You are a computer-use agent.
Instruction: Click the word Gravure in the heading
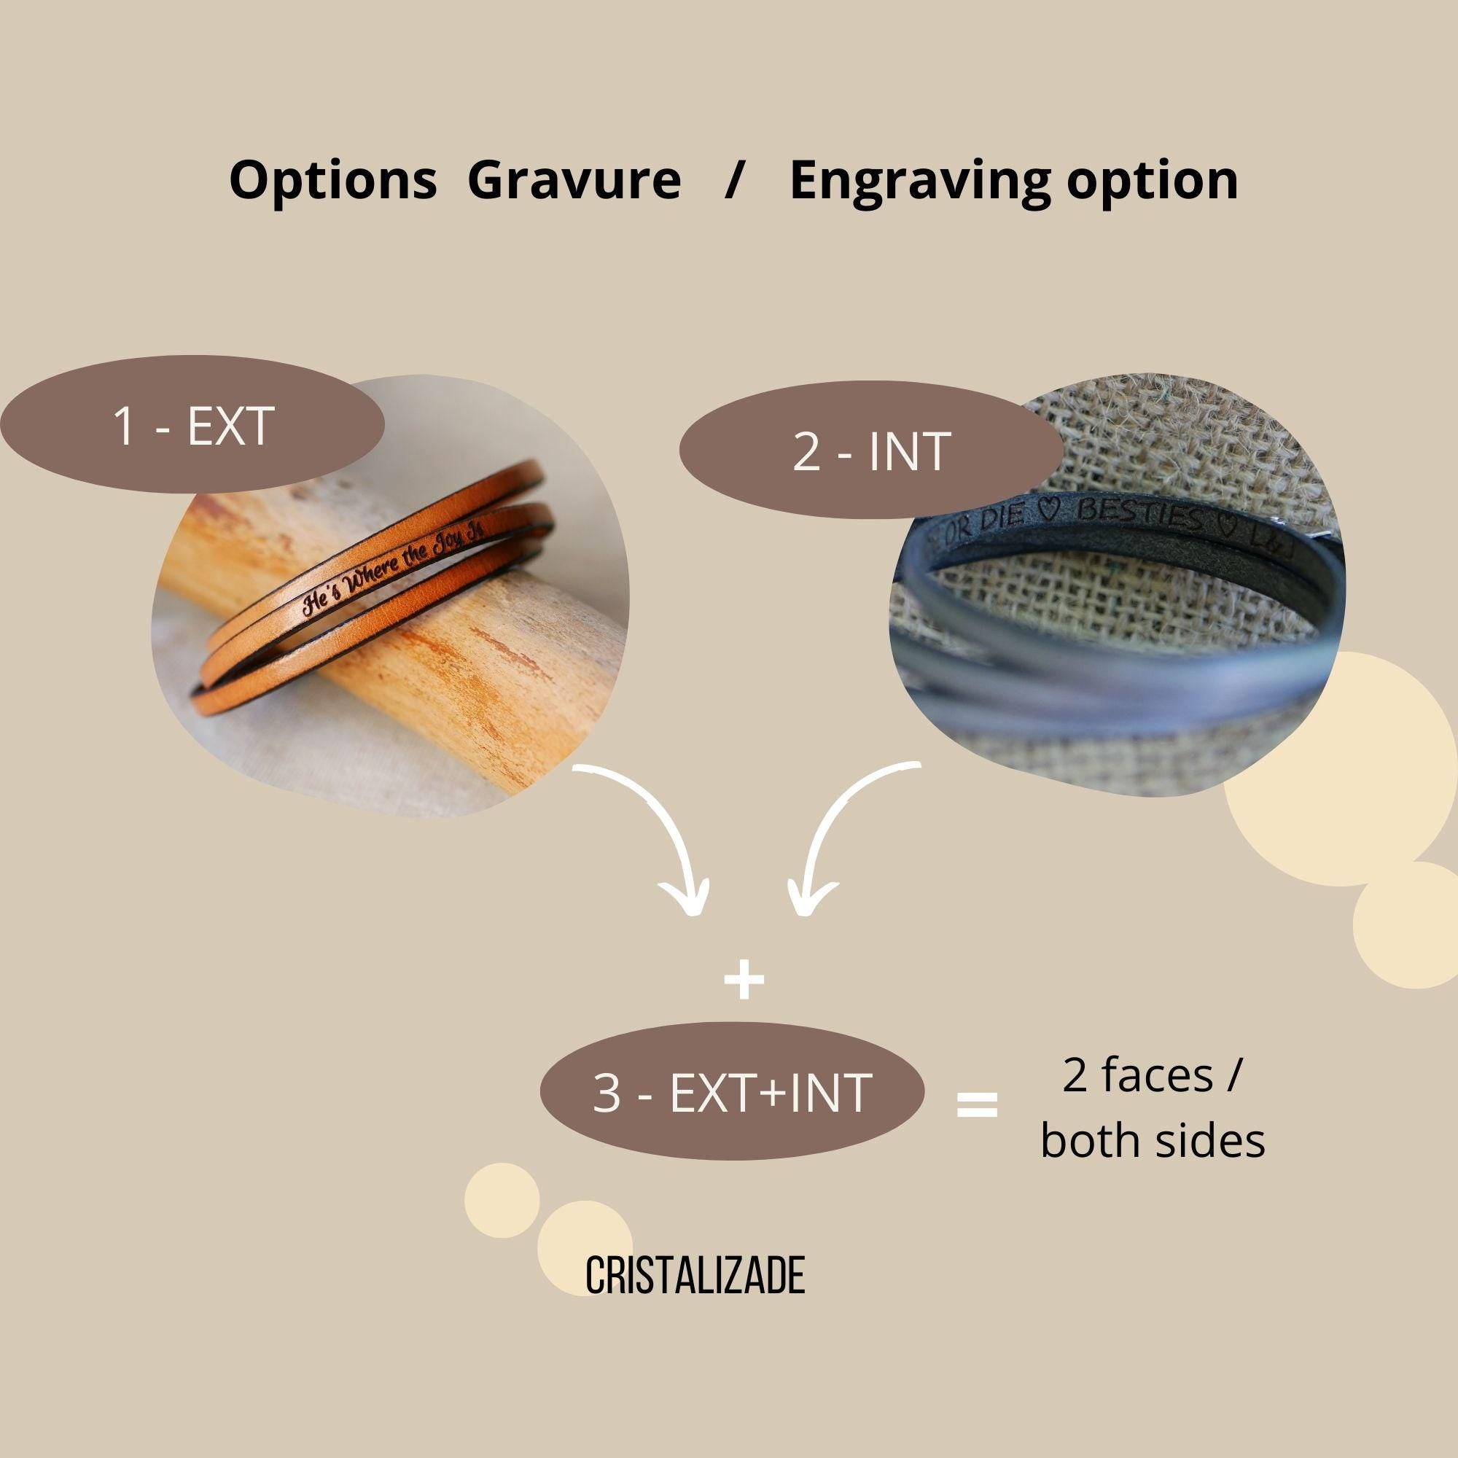(x=574, y=181)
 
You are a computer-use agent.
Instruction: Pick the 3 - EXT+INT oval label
(x=732, y=1093)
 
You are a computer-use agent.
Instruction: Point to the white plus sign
(x=744, y=980)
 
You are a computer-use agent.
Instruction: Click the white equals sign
(x=978, y=1105)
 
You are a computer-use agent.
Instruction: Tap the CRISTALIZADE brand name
(x=695, y=1275)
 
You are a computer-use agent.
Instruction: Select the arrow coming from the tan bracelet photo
(x=657, y=838)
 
